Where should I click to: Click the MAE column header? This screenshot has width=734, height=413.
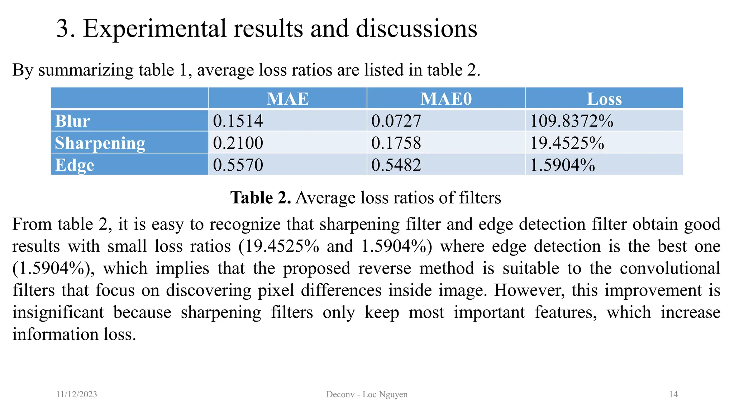[x=288, y=99]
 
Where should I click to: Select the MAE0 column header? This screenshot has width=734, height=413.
[x=446, y=99]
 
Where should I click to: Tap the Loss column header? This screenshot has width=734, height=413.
[x=604, y=99]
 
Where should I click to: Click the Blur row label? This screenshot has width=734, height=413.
[x=72, y=121]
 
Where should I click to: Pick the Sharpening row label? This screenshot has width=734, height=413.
[x=100, y=143]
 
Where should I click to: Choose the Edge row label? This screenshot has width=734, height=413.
[x=75, y=165]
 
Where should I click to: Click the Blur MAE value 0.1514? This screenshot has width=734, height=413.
[x=238, y=121]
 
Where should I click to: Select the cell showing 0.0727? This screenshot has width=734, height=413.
[x=396, y=121]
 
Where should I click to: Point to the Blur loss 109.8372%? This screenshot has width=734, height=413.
[x=572, y=121]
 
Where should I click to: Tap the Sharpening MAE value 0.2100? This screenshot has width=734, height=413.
[x=238, y=143]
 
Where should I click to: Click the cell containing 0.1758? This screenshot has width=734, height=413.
[x=396, y=143]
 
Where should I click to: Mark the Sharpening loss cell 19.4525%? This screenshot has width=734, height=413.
[x=567, y=143]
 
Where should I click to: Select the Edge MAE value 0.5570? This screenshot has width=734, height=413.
[x=238, y=165]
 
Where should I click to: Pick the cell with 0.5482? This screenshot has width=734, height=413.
[x=396, y=165]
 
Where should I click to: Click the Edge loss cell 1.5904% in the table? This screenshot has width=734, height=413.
[x=562, y=165]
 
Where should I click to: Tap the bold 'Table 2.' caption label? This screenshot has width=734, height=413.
[x=261, y=198]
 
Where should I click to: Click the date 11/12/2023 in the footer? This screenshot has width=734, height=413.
[x=77, y=394]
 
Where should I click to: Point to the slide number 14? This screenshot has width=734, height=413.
[x=673, y=394]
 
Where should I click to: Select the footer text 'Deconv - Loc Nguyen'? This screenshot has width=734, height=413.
[x=367, y=394]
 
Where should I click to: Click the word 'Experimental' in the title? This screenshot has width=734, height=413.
[x=155, y=28]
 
